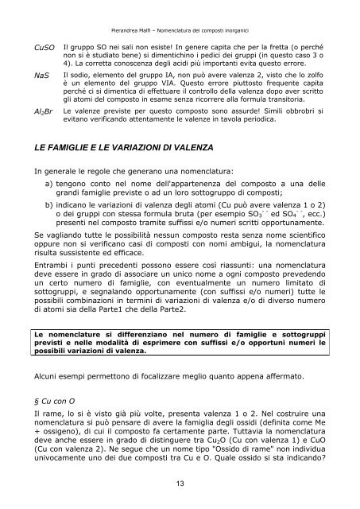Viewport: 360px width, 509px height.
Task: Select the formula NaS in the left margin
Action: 41,76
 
